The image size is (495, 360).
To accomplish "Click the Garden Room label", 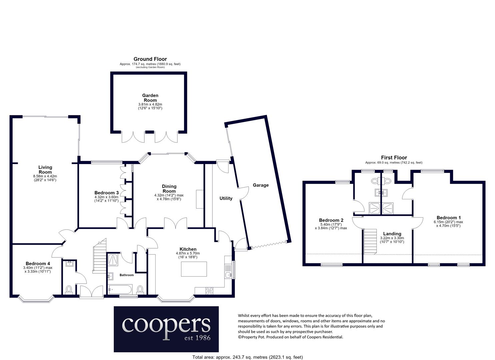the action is point(150,98).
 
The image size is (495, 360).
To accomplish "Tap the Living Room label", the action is point(45,170).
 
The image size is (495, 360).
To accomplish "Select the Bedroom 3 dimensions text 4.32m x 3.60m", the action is point(106,197).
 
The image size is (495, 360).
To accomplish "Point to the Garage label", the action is point(261,185).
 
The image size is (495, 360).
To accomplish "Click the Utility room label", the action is point(226,198).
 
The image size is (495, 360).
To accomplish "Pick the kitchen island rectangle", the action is point(194,269).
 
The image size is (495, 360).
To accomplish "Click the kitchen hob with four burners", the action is point(209,291).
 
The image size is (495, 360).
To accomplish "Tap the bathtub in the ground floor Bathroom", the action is point(120,289).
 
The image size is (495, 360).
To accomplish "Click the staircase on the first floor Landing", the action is point(370,241).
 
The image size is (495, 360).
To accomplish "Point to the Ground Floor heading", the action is point(150,59).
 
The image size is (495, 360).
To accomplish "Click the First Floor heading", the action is point(394,158).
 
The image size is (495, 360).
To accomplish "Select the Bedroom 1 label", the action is point(449,218).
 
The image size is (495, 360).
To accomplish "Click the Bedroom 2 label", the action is point(331,220).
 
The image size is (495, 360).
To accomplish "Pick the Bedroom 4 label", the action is point(38,263).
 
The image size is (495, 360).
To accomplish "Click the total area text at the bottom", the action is point(247,357).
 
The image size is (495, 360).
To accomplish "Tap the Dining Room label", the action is point(169,189).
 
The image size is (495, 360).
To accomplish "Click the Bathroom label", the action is point(126,275).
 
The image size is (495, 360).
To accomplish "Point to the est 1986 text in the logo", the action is point(197,338).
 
